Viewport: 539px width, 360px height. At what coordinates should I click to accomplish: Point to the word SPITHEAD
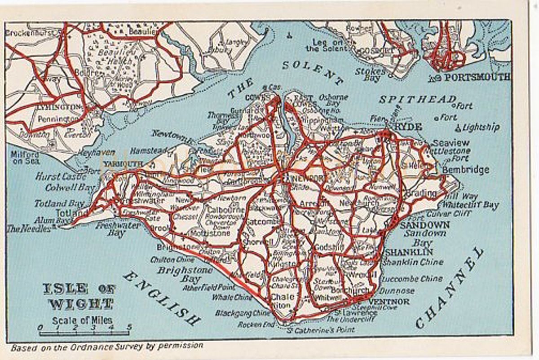coord(417,99)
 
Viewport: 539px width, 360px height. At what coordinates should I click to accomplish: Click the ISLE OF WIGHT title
coord(79,296)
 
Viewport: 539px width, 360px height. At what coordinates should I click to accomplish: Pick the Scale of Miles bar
coord(84,333)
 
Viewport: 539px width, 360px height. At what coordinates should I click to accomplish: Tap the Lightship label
coord(481,127)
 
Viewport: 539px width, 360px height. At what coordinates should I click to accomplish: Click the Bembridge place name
coord(465,170)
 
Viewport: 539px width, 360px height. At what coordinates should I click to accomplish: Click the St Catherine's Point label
coord(321,330)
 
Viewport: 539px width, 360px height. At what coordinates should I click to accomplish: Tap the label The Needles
coord(28,228)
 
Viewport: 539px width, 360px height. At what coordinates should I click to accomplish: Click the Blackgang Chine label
coord(243,313)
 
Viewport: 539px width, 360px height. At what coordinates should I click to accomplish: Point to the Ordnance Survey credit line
coord(107,346)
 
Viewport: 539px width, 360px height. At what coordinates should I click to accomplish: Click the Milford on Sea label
coord(24,157)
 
